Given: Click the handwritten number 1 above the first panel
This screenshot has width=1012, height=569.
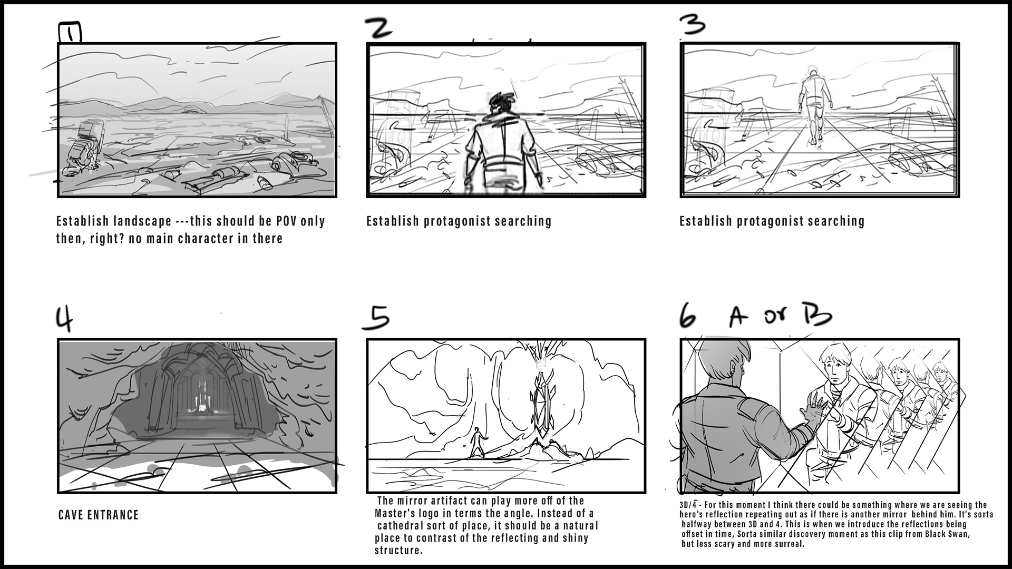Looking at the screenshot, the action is (70, 33).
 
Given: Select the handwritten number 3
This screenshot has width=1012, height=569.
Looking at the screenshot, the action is (692, 24).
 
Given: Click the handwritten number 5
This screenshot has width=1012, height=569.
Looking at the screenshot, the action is (376, 318).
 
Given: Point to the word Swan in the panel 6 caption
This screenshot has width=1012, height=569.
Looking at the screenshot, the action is (959, 534).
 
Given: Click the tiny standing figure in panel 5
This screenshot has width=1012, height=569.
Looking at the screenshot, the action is (478, 442).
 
